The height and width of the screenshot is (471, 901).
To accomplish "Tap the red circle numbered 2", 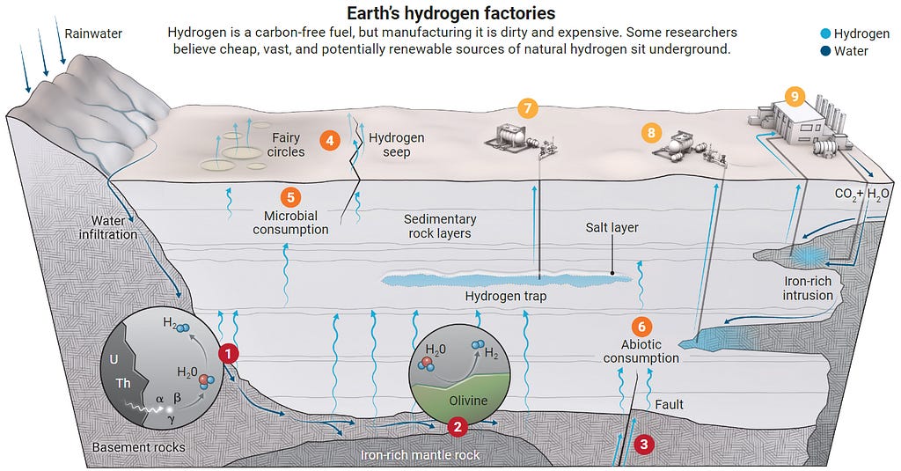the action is point(457,427).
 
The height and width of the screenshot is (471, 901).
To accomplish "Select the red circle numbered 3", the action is point(645,444).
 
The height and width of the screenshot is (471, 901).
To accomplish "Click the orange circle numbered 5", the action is point(289,198).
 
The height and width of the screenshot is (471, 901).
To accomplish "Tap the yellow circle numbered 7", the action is point(527,109).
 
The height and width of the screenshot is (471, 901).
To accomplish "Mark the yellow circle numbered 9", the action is point(794,94).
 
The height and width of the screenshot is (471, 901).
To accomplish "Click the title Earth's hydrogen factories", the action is point(450,14).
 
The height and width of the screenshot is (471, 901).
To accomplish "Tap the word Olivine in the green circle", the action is point(468,401).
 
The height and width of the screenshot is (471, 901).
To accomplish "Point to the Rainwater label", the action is point(93,34).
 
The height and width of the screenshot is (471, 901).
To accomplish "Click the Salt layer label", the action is point(612,228).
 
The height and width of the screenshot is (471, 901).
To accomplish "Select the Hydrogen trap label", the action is point(505,297).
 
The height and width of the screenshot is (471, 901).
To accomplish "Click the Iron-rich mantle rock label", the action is point(421,455).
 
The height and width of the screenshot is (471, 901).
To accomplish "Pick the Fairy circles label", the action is point(287,145).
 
